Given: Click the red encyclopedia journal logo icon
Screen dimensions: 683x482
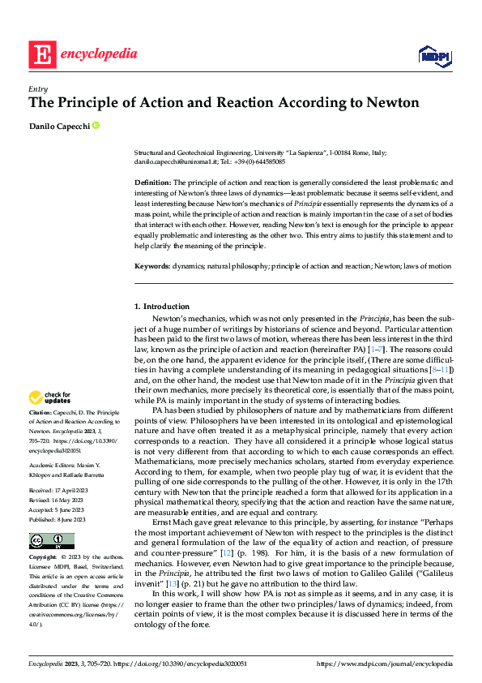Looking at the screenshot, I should click(x=41, y=55).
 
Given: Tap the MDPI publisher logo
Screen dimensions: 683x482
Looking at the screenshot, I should click(x=434, y=54).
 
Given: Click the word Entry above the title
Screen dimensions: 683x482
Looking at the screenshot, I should click(x=37, y=89).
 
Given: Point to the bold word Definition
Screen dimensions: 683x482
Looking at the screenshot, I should click(x=152, y=183).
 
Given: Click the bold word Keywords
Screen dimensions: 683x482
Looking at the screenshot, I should click(x=151, y=266).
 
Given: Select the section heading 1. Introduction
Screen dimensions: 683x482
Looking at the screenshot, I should click(x=161, y=306).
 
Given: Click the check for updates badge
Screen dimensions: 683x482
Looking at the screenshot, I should click(x=50, y=397).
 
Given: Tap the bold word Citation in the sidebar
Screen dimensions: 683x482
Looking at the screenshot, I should click(x=41, y=414).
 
